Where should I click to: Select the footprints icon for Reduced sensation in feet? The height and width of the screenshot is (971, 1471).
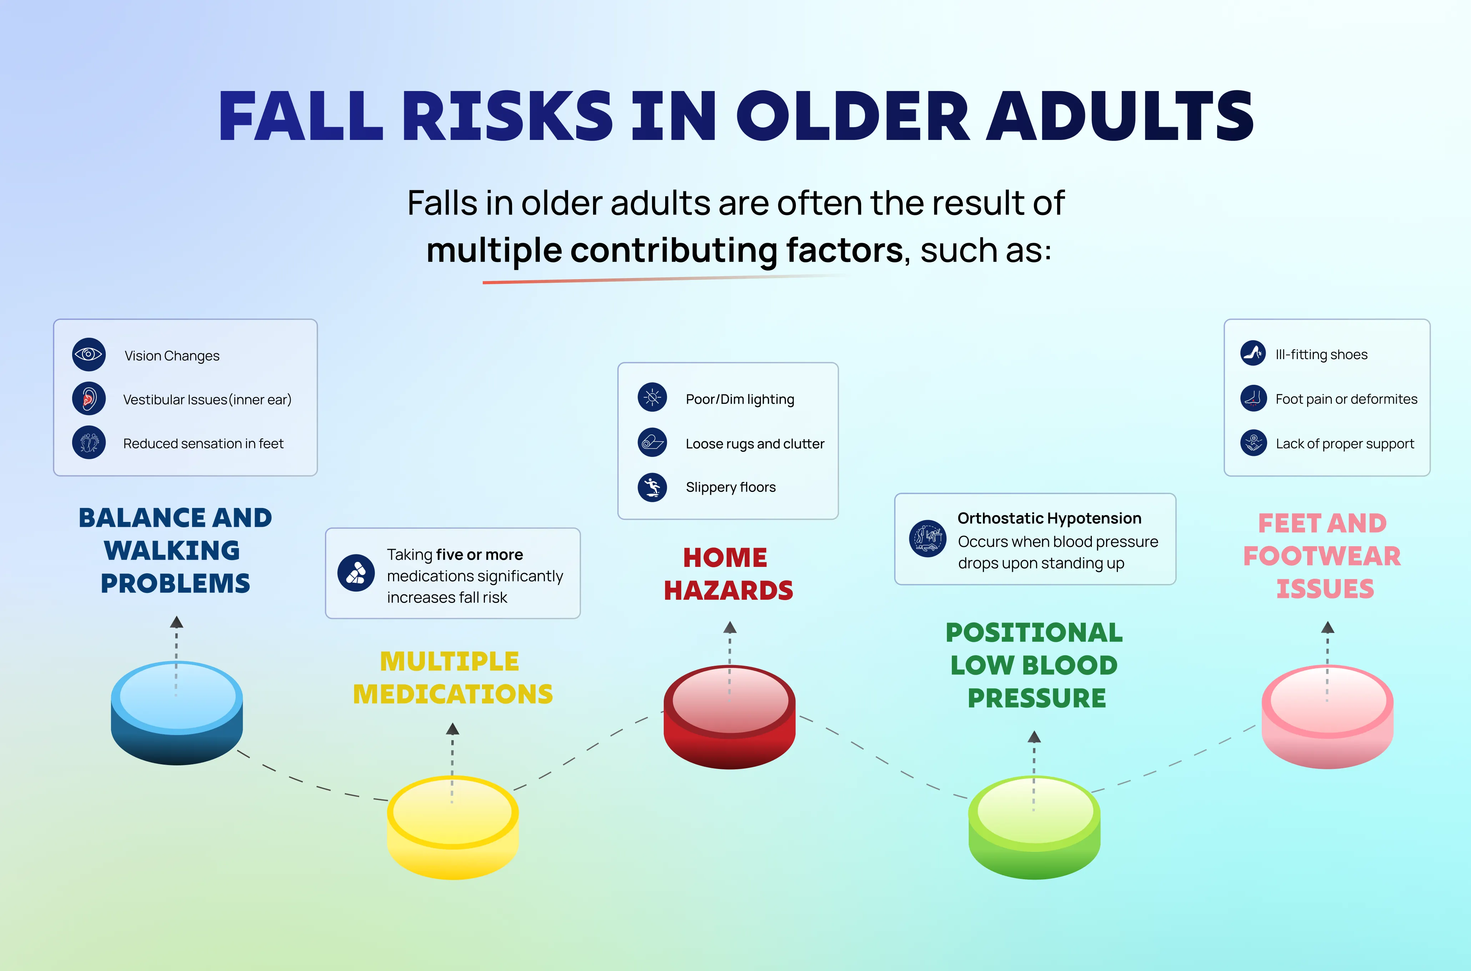(x=89, y=443)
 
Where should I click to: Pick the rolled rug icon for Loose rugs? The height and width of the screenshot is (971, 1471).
(x=652, y=443)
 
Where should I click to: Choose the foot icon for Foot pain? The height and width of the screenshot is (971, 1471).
(x=1253, y=398)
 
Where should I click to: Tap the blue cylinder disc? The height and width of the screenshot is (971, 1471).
(x=177, y=713)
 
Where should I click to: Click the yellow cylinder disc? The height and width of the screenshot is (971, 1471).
(x=453, y=827)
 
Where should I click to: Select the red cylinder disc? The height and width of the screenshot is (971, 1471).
(x=730, y=717)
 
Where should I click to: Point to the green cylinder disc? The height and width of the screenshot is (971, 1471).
(x=1034, y=827)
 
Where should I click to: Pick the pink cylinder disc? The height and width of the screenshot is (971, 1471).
(x=1327, y=717)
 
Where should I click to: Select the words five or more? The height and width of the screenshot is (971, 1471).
(x=480, y=554)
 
